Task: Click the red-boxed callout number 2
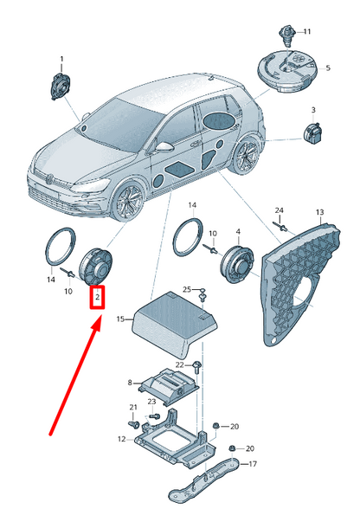98,298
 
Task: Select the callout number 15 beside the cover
119,319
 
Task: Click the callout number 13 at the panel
318,212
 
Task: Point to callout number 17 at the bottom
253,463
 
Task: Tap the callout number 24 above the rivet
279,211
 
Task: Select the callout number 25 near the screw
186,288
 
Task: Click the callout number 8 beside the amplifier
130,383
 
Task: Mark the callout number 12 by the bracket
121,439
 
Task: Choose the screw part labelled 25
202,296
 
